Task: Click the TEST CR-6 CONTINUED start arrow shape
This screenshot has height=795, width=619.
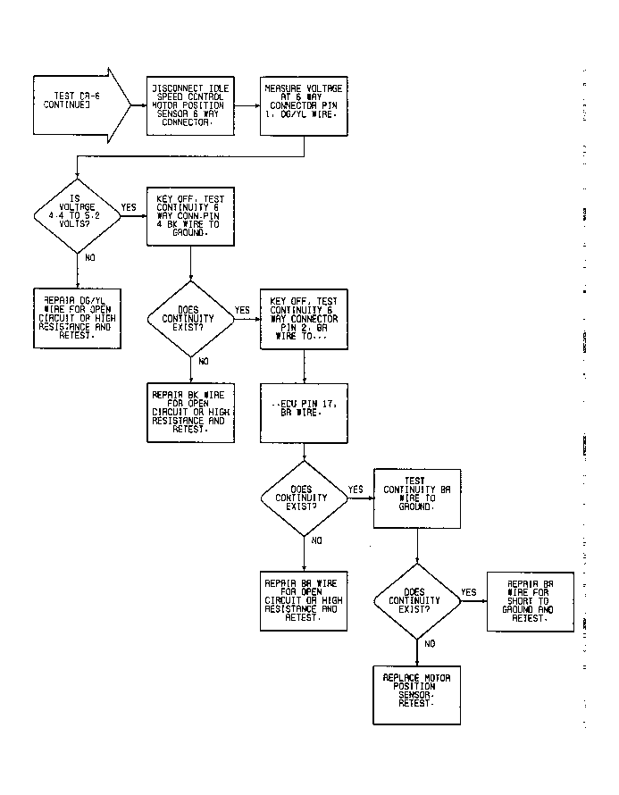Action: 76,105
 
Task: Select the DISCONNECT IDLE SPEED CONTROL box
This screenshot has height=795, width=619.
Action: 189,105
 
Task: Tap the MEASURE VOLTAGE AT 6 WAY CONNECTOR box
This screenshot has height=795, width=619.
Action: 304,105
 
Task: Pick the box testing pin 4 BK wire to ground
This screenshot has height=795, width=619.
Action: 189,215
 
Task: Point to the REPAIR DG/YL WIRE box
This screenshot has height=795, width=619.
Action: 76,316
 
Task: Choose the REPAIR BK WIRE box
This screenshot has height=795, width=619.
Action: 189,412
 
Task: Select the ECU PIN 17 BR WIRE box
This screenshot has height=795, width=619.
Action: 304,412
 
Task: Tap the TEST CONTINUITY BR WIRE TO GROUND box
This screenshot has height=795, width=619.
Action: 417,498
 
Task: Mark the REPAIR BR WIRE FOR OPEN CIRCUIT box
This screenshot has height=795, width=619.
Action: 304,599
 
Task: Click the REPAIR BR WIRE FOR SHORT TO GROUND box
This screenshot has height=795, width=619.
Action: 531,601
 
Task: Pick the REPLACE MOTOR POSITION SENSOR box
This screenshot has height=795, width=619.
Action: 417,693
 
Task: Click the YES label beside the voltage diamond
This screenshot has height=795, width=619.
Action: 129,207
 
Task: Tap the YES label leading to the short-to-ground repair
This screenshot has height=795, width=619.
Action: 469,592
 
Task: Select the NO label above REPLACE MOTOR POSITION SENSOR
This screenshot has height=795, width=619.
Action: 431,643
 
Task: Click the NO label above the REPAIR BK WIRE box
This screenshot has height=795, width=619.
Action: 204,361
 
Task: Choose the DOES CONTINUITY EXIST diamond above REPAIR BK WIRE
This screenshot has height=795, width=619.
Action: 189,318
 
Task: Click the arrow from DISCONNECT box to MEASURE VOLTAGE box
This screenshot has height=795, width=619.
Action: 247,105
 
